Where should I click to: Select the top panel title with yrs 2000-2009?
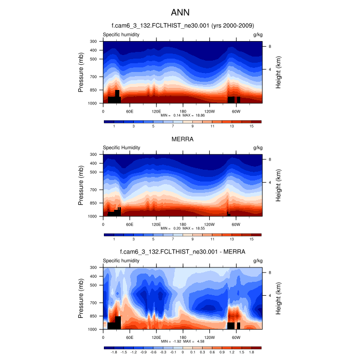pos(183,26)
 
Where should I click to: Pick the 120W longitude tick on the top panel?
pos(209,111)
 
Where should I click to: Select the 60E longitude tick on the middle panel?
pos(130,224)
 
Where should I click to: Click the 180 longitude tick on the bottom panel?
pos(183,337)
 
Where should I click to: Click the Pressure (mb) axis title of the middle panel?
pos(81,185)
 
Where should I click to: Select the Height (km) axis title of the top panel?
pos(278,72)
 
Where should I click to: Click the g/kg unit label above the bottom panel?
pos(258,261)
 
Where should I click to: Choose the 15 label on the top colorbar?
pos(251,126)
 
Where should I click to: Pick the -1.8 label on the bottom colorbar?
pos(114,353)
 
